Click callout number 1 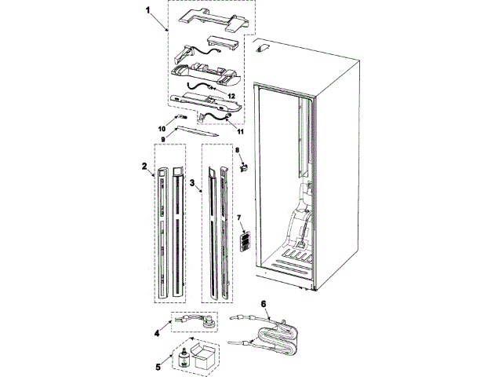click(x=147, y=10)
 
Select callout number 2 click(x=145, y=167)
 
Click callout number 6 click(x=264, y=303)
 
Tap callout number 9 click(x=163, y=139)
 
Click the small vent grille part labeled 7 click(x=244, y=240)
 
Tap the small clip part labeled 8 click(x=244, y=166)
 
